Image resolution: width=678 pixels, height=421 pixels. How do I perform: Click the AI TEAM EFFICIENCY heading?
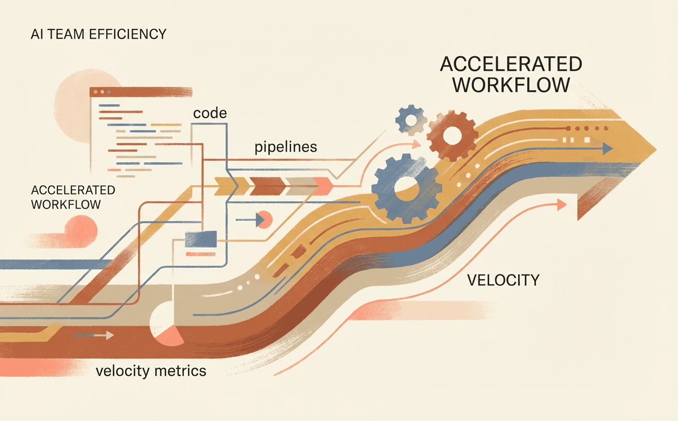pos(98,35)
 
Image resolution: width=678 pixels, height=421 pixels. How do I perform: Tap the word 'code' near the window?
pos(210,113)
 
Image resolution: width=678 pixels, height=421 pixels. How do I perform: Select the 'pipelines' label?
pos(285,148)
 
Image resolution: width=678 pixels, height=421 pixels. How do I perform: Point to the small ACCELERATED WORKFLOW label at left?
pos(73,197)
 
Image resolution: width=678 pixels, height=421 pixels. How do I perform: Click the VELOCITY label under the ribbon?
pos(503,280)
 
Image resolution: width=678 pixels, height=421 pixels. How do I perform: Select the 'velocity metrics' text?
pos(151,370)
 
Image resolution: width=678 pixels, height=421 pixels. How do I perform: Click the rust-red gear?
pos(452,136)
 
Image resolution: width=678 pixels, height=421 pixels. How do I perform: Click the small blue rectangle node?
pos(201,238)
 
